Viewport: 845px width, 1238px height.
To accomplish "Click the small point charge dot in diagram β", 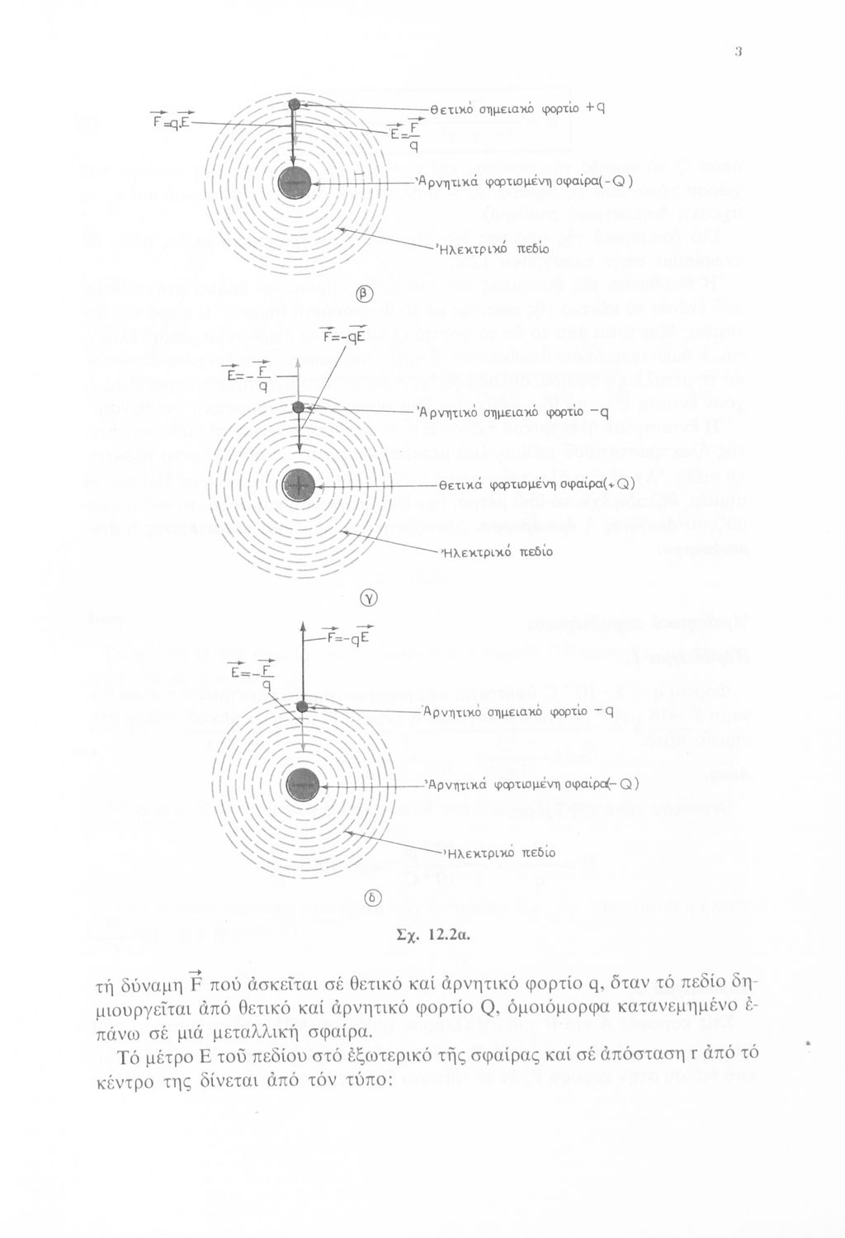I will coord(294,105).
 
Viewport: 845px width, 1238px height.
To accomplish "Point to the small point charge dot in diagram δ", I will coord(303,707).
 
